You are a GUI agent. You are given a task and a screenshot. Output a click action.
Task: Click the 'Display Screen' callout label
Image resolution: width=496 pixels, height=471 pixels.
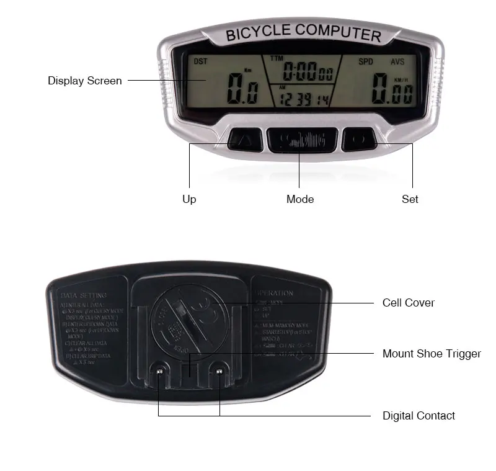84,81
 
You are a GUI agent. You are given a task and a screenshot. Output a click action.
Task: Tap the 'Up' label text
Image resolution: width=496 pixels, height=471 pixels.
189,199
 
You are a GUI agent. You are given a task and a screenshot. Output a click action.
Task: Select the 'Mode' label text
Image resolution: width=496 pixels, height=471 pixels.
300,199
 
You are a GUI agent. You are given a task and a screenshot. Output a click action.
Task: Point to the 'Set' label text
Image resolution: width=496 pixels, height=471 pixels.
410,199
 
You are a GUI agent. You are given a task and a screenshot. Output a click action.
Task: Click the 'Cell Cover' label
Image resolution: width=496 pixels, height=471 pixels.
408,303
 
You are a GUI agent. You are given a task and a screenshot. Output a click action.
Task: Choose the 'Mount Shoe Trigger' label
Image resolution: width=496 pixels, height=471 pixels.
432,354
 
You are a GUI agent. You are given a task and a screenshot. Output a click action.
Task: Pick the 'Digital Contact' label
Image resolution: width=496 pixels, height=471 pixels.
418,416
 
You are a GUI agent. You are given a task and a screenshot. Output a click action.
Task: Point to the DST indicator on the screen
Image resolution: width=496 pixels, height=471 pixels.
201,61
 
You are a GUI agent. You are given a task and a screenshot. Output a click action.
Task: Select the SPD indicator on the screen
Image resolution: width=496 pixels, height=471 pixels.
366,61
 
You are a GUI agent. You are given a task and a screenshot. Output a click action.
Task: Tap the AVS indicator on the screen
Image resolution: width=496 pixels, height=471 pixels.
397,61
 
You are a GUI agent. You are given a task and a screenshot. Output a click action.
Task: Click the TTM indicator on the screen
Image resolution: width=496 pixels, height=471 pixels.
275,59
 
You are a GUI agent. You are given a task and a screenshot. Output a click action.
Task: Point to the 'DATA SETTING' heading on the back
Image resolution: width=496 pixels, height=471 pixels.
84,295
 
